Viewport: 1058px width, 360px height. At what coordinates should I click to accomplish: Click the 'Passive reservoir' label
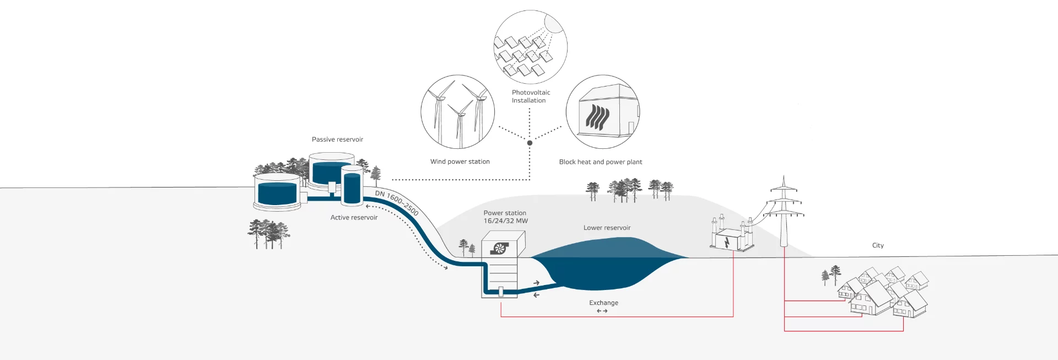point(337,139)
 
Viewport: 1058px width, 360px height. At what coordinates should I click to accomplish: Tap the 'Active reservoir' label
point(354,218)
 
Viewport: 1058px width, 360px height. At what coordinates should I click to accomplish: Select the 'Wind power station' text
point(460,162)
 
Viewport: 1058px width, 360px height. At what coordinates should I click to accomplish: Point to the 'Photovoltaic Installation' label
point(530,96)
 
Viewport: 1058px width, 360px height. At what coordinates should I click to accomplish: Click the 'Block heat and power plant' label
point(600,162)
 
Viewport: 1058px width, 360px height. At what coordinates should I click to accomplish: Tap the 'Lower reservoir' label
point(607,228)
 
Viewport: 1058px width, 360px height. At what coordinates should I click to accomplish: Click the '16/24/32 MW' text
point(505,221)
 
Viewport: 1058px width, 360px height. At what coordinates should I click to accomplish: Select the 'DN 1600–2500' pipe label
point(397,202)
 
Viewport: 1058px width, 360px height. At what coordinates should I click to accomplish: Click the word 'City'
point(878,245)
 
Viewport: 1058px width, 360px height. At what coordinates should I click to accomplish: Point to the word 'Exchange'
point(603,303)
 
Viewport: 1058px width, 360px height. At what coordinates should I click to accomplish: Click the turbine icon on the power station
point(499,249)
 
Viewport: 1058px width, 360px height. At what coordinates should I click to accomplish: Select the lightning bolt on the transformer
point(727,241)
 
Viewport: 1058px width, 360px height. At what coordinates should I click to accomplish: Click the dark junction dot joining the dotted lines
point(530,143)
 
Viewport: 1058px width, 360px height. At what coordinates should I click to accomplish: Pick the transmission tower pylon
point(784,212)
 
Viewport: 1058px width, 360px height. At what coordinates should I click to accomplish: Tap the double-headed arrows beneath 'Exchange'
point(602,311)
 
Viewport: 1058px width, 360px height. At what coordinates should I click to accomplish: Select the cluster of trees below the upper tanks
point(268,233)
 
